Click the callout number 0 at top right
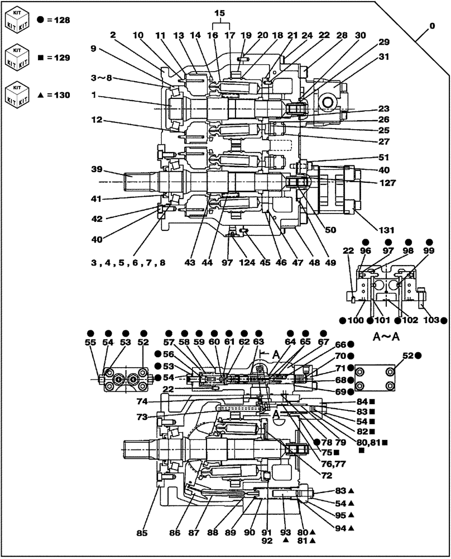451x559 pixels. coord(431,26)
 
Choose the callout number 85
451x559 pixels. coord(143,533)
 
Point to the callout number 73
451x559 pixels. coord(143,417)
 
